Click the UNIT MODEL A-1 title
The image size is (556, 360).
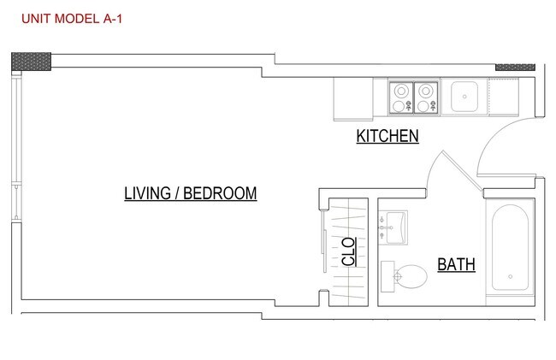click(72, 19)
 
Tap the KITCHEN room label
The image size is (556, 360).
click(387, 136)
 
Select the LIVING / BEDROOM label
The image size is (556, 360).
click(191, 193)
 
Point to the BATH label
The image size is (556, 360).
click(456, 264)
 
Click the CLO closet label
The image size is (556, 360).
click(348, 251)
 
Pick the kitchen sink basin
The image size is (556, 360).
click(464, 97)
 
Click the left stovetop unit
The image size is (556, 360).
click(401, 97)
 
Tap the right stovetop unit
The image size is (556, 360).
click(426, 97)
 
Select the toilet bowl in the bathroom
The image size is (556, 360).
click(411, 276)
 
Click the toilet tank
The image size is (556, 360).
click(387, 276)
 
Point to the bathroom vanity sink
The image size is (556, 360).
click(393, 227)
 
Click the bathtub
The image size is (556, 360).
click(510, 247)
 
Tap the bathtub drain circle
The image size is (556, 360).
click(511, 277)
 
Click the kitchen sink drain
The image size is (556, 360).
click(464, 97)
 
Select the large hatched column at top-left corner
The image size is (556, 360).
click(31, 62)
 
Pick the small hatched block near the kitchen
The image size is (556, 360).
click(515, 68)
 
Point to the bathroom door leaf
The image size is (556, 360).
click(462, 171)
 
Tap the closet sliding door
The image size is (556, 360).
click(324, 242)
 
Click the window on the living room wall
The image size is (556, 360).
click(16, 146)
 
